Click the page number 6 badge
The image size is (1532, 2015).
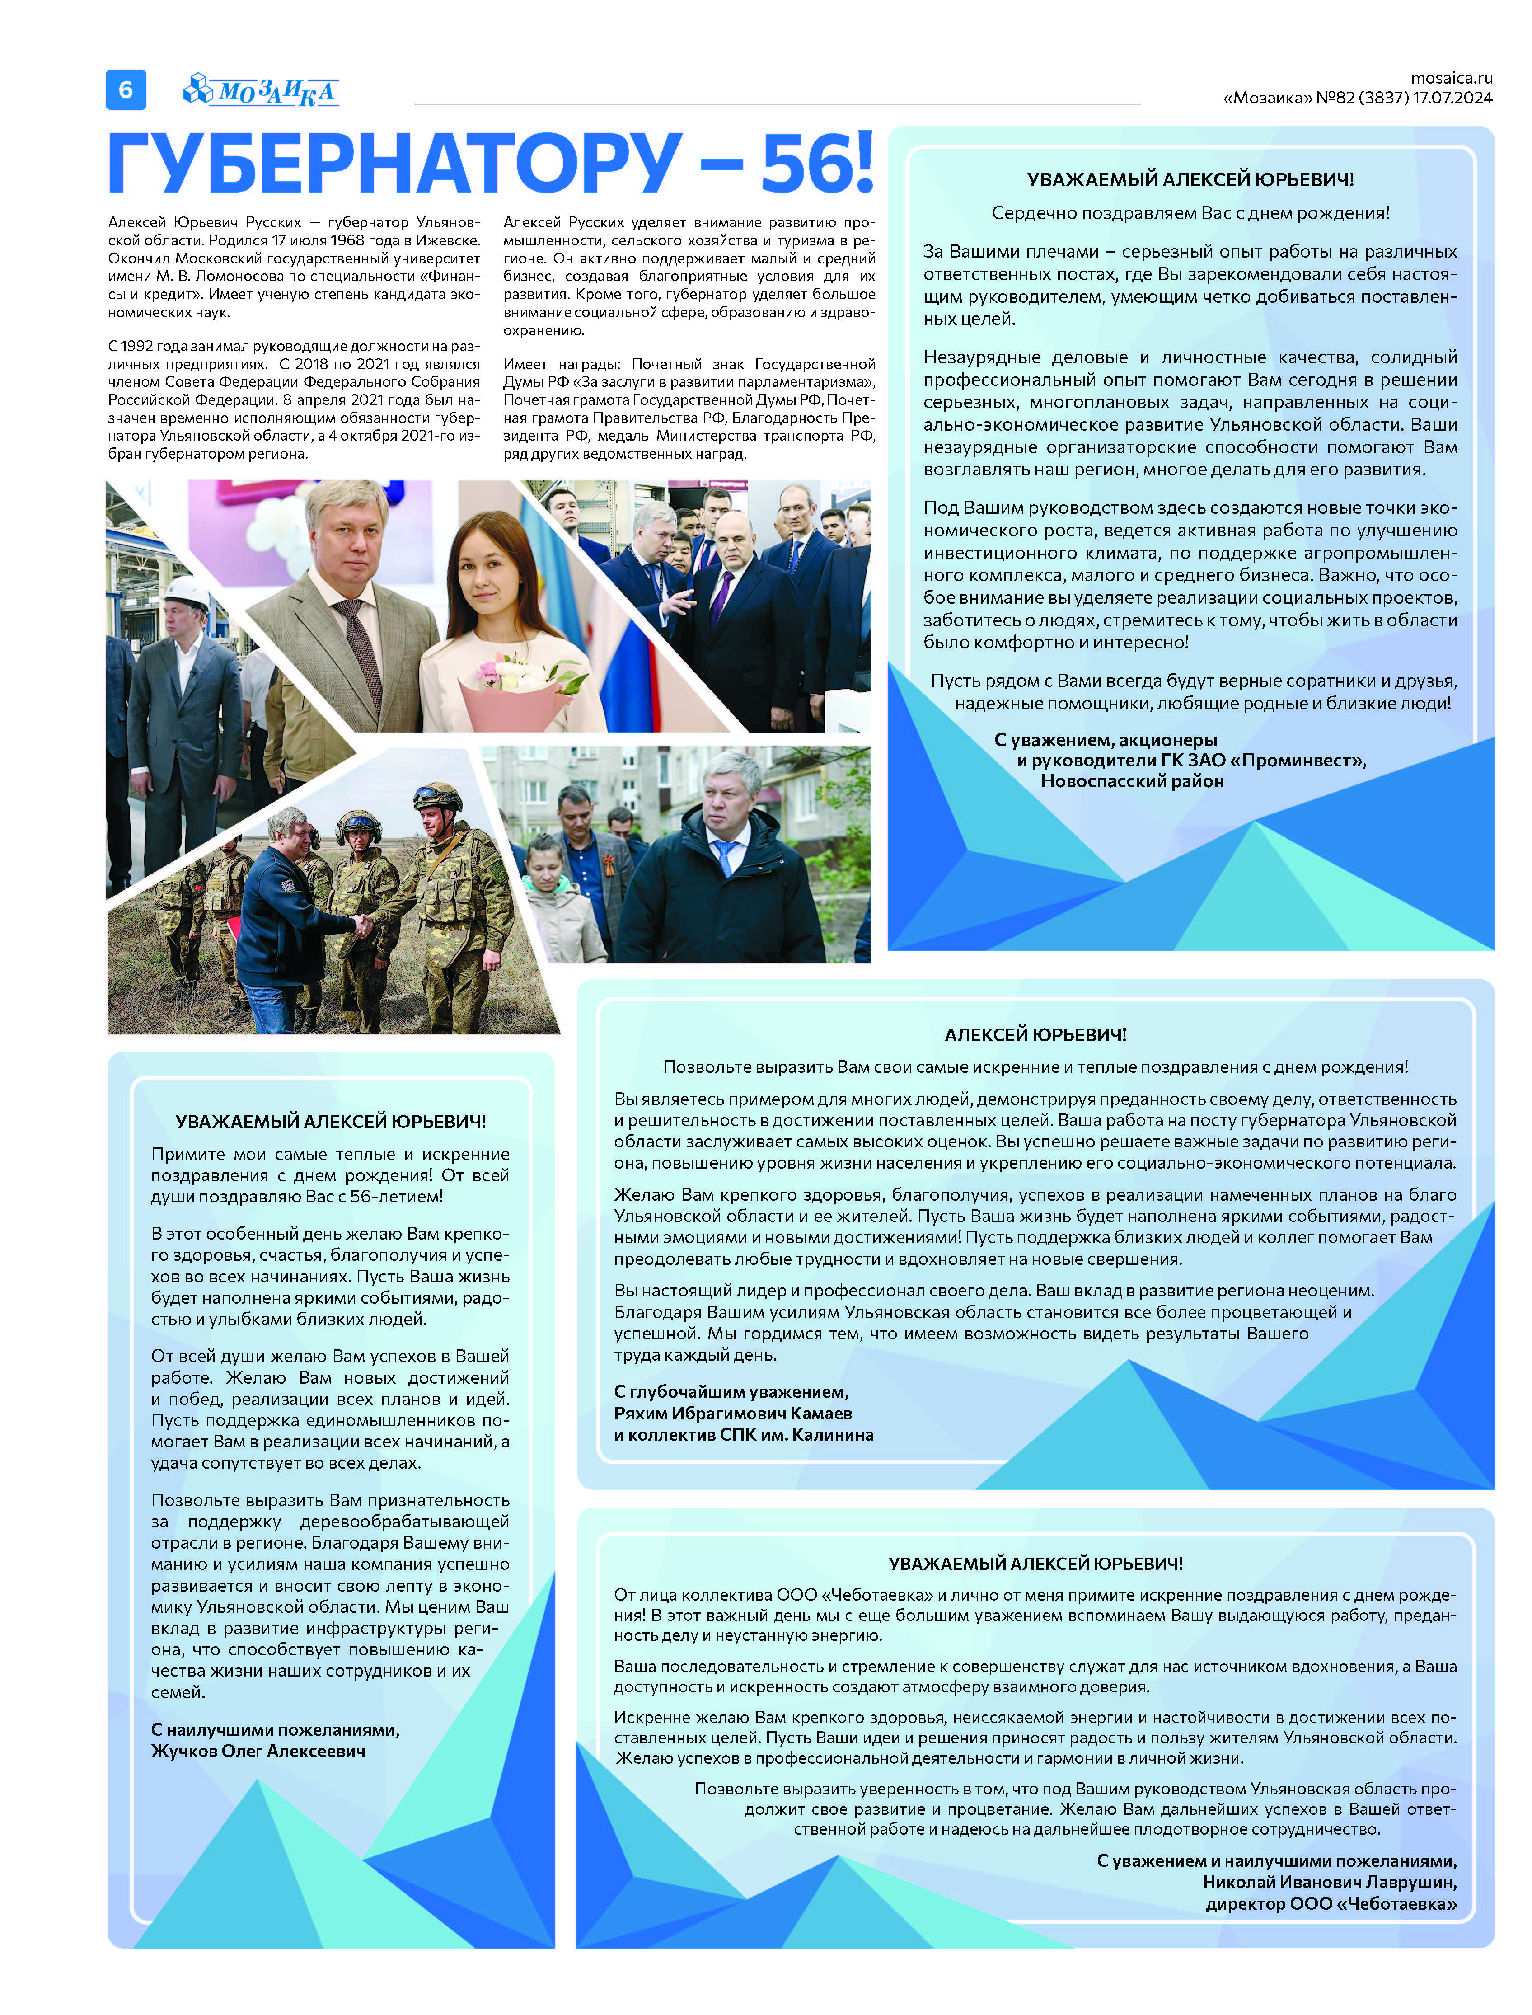[126, 89]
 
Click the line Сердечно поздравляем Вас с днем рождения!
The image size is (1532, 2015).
[1190, 213]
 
